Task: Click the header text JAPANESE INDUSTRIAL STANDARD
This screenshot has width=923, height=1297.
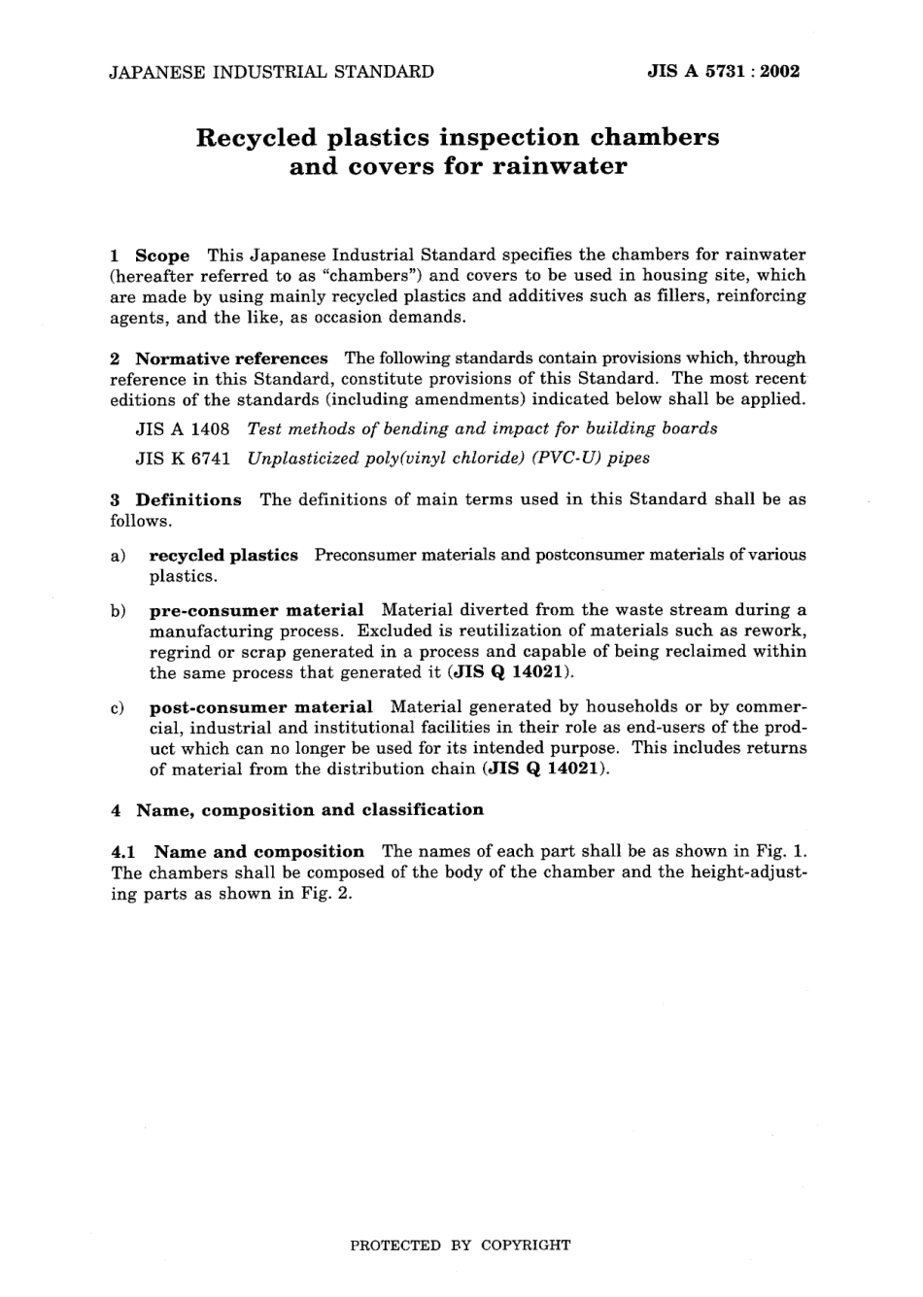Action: pos(271,71)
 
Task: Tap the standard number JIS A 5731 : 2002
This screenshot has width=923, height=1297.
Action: pos(723,71)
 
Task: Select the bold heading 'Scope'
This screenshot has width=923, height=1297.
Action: pos(162,256)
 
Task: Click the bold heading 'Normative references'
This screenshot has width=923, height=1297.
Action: pos(231,358)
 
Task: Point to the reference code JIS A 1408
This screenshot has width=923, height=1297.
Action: pos(183,428)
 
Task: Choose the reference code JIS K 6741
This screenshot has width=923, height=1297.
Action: pos(183,459)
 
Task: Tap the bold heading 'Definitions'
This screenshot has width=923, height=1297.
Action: pos(188,500)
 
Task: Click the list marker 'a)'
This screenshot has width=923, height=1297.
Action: pos(118,556)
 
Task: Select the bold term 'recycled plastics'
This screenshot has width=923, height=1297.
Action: pos(223,556)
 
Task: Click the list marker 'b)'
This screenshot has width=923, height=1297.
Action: pos(118,611)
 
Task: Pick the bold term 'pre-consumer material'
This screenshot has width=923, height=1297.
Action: pos(256,611)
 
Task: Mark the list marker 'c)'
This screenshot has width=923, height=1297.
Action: pos(118,708)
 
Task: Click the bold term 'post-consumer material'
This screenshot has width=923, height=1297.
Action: pos(260,708)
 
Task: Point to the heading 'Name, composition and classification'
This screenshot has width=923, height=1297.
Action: pos(309,810)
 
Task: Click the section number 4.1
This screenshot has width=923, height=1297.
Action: pos(124,852)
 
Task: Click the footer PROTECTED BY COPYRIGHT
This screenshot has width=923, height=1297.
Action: pos(461,1245)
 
